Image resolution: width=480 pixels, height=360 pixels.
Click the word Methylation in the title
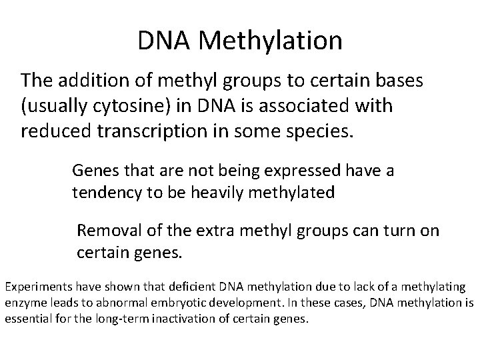[270, 41]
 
